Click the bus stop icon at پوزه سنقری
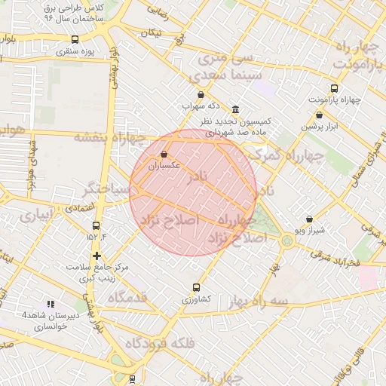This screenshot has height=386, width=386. coord(74,40)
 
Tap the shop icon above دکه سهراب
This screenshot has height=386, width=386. coord(201,95)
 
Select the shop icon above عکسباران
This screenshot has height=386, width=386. coord(164,154)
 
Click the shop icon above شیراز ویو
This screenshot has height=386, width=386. coord(309,219)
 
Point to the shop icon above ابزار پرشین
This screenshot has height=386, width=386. coord(319,115)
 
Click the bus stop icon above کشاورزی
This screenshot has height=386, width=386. coord(197,287)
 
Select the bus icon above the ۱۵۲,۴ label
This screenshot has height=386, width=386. coord(96,225)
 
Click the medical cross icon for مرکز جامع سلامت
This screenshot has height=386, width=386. coord(96,256)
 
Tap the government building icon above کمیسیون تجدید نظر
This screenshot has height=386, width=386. coord(236,109)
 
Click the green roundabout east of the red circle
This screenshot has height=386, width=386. coord(287,240)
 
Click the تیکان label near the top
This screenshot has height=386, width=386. coord(152,32)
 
